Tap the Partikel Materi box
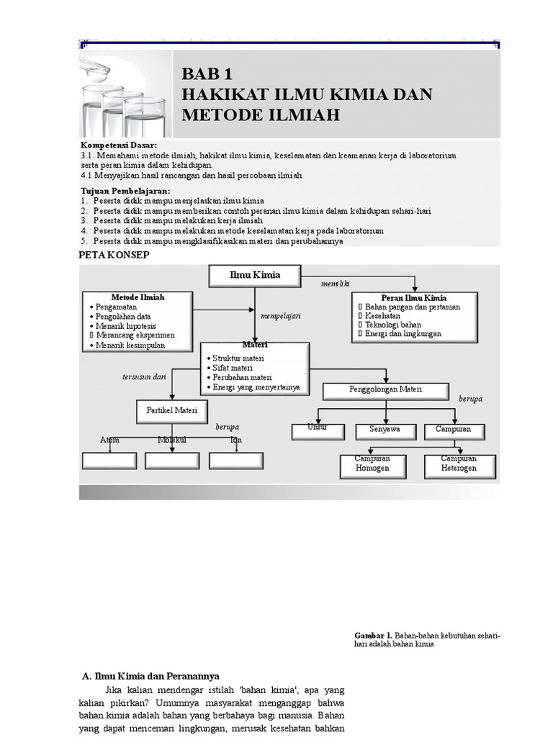[171, 412]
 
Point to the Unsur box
[318, 430]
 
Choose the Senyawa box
[385, 430]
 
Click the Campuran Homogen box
[372, 466]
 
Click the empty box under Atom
[109, 461]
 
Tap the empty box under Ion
[236, 461]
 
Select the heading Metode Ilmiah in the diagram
[138, 297]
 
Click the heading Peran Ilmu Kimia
[413, 297]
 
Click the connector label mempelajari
[280, 315]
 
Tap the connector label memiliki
[336, 284]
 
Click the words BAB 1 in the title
[208, 74]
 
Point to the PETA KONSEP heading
[113, 256]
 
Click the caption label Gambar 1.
[372, 636]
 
